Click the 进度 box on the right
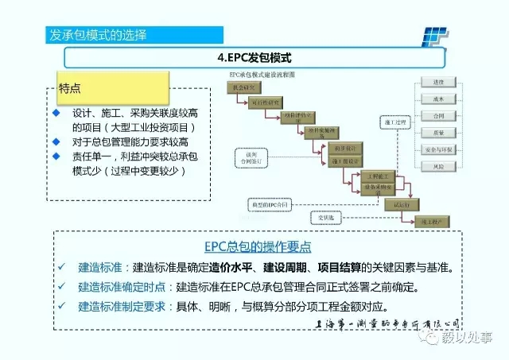coord(438,82)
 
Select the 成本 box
coord(438,99)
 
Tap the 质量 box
coord(438,134)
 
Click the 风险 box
coord(438,167)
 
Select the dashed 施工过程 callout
coord(394,122)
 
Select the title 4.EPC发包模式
coord(254,58)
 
